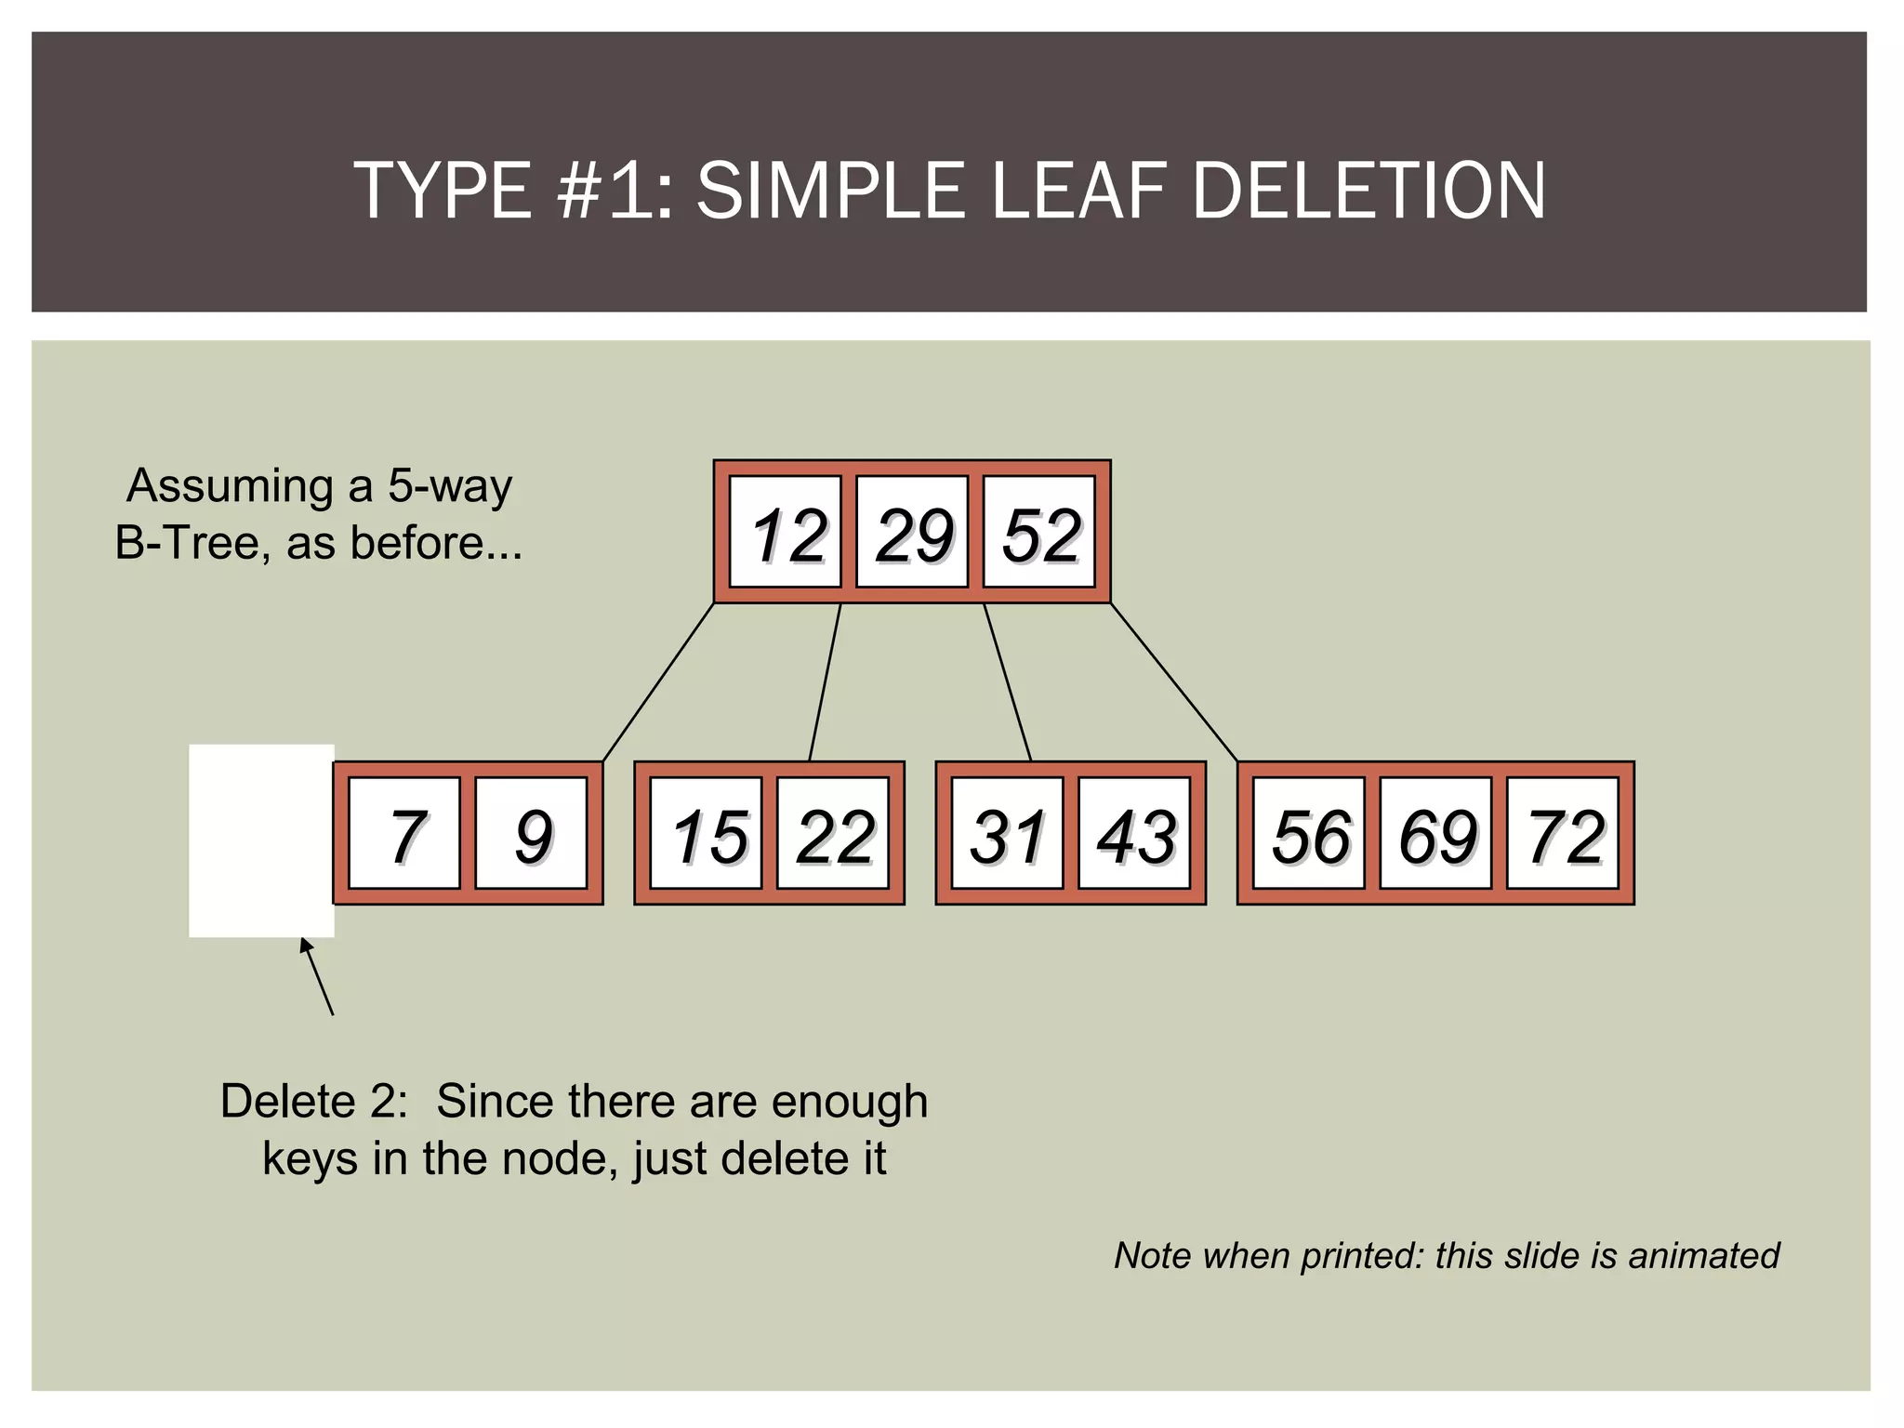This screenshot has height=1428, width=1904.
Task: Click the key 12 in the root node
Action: (x=786, y=533)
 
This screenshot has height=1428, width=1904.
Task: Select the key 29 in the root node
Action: (x=912, y=533)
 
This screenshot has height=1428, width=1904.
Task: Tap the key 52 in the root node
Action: (x=1039, y=533)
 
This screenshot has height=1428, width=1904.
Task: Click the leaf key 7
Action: (x=404, y=834)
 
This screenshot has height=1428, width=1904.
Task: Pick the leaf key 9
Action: (x=531, y=834)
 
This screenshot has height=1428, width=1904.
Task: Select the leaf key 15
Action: (x=706, y=834)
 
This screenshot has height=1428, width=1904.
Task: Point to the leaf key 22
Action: (x=833, y=834)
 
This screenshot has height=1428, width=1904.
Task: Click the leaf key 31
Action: (x=1007, y=834)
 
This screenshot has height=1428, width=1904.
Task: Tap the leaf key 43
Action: (x=1134, y=834)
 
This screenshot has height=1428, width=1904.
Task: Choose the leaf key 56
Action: (x=1309, y=834)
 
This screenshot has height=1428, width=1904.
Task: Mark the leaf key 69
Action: (x=1435, y=834)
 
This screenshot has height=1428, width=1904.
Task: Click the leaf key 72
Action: (x=1563, y=834)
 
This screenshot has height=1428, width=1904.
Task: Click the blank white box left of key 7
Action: (x=261, y=840)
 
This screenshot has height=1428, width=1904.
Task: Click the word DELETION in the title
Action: (x=1368, y=191)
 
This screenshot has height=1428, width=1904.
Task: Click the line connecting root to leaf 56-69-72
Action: (x=1174, y=681)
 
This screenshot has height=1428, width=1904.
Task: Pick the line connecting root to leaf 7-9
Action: (x=658, y=681)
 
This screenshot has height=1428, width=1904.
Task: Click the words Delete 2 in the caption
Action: (x=313, y=1102)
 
